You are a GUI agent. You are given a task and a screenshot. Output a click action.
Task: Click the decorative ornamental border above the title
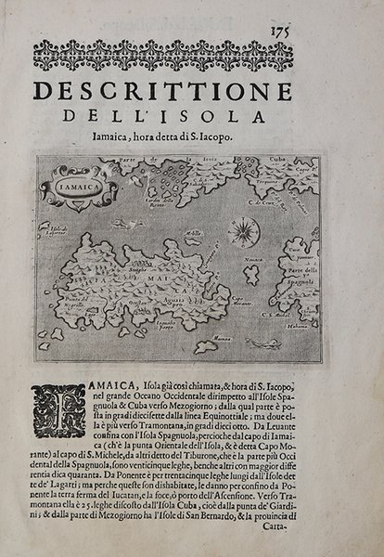pos(190,53)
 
